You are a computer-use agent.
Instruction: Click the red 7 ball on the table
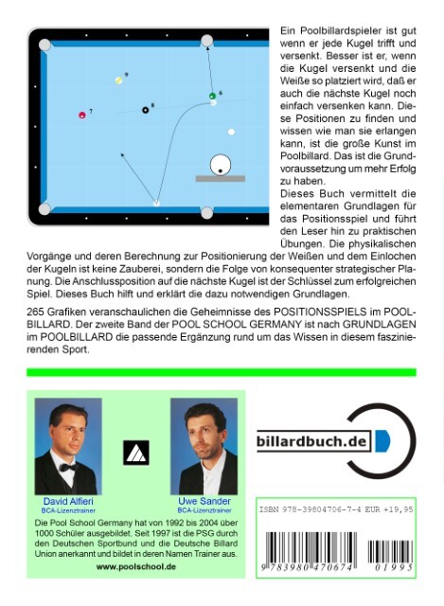tap(81, 115)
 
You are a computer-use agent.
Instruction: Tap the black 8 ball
tap(145, 110)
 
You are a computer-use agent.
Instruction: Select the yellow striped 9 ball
tap(118, 80)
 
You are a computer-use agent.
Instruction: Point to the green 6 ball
tap(213, 96)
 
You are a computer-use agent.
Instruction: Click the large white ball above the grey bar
tap(221, 163)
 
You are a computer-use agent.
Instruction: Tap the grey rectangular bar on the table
tap(220, 178)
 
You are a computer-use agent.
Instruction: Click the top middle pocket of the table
tap(207, 41)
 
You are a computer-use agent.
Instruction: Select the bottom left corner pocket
tap(44, 208)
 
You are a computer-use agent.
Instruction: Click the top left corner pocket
tap(44, 43)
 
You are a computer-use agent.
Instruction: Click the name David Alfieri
tap(67, 500)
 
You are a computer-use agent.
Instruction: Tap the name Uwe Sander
tap(204, 500)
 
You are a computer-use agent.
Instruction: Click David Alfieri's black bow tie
tap(68, 467)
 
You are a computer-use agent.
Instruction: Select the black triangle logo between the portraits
tap(136, 453)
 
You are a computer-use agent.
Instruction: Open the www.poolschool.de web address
tap(136, 565)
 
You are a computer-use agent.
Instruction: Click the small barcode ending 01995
tap(399, 549)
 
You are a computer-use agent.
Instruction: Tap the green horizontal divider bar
tap(222, 372)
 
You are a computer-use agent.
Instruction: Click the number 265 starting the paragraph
tap(38, 312)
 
